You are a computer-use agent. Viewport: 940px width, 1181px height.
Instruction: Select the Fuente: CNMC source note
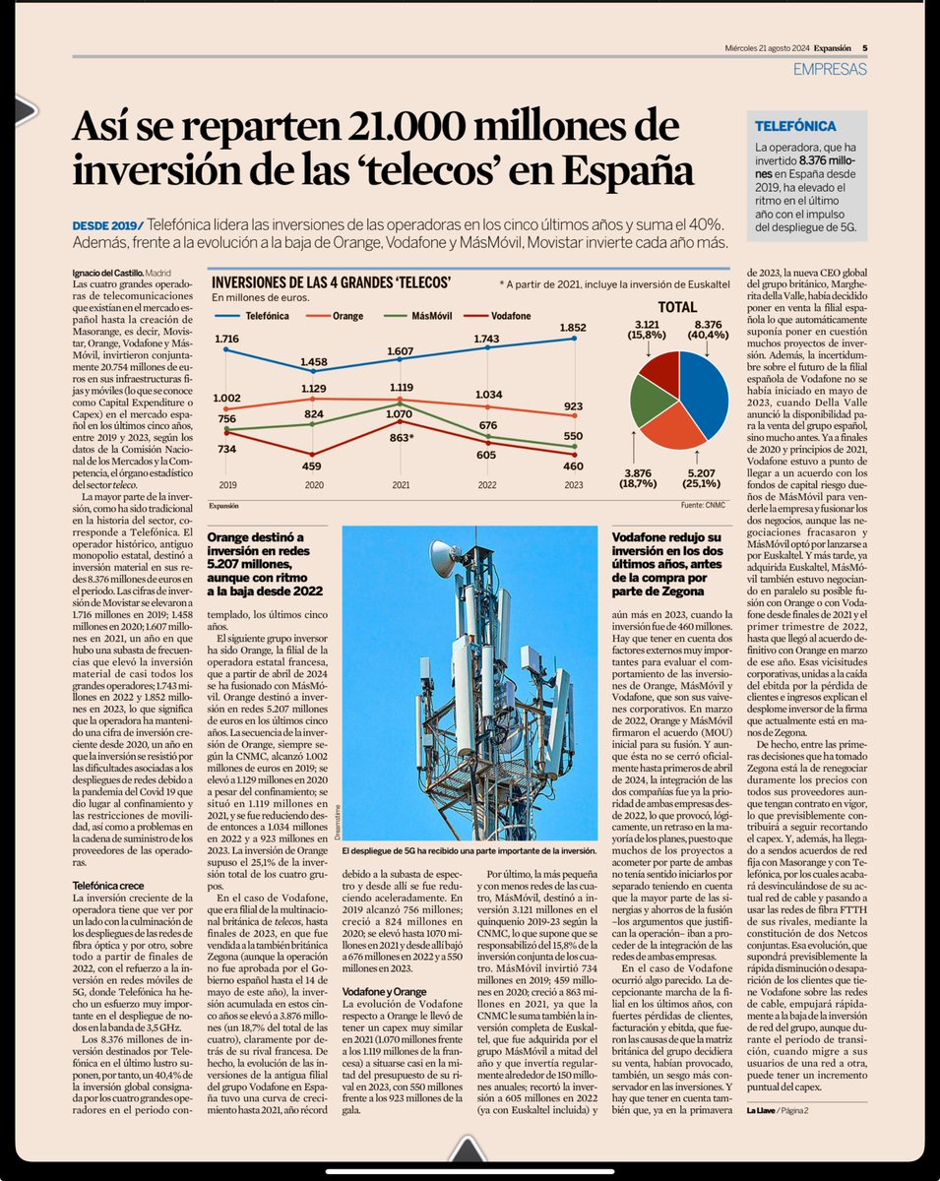702,504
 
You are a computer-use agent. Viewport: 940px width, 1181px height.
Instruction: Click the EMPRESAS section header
829,69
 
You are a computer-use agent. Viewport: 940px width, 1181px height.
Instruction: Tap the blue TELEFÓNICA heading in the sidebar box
795,126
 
